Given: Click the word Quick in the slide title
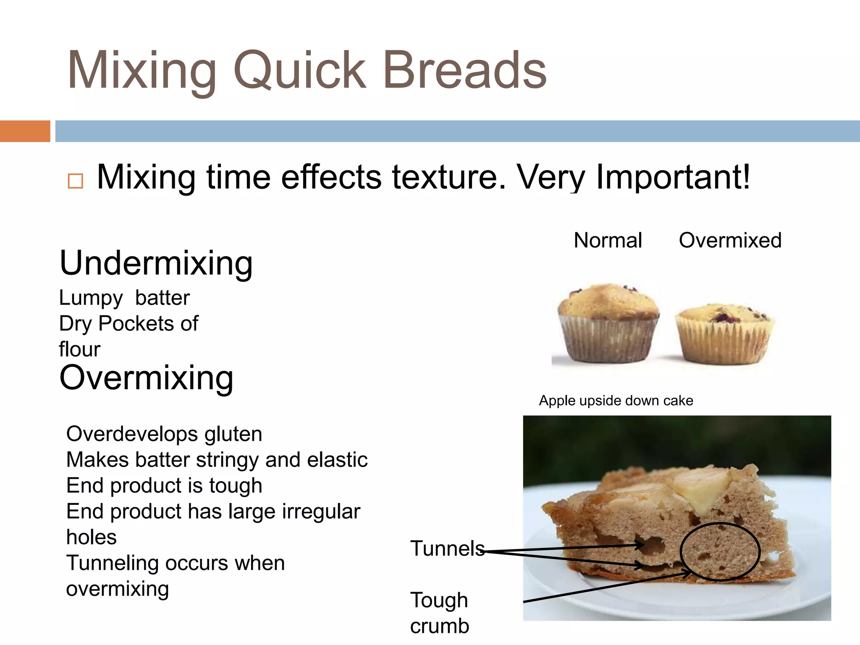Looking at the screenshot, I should coord(299,71).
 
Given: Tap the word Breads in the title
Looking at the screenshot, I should coord(464,71).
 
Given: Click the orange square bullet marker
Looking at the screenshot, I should coord(76,181).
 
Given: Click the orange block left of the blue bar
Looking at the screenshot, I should coord(25,131).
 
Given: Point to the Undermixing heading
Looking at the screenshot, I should coord(156,263).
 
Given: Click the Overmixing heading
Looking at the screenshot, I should coord(146,378).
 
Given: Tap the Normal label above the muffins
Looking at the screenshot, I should coord(608,241).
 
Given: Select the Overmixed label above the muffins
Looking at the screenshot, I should coord(730,241).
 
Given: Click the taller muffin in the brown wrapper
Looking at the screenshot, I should coord(608,323).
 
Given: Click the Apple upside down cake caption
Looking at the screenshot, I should coord(616,401).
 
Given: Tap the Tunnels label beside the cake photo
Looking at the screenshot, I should coord(447,548).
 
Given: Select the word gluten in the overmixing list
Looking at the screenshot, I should coord(233,434).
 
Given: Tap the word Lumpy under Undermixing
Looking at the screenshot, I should coord(91,298).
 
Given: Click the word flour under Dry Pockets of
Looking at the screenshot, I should coord(80,349).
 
